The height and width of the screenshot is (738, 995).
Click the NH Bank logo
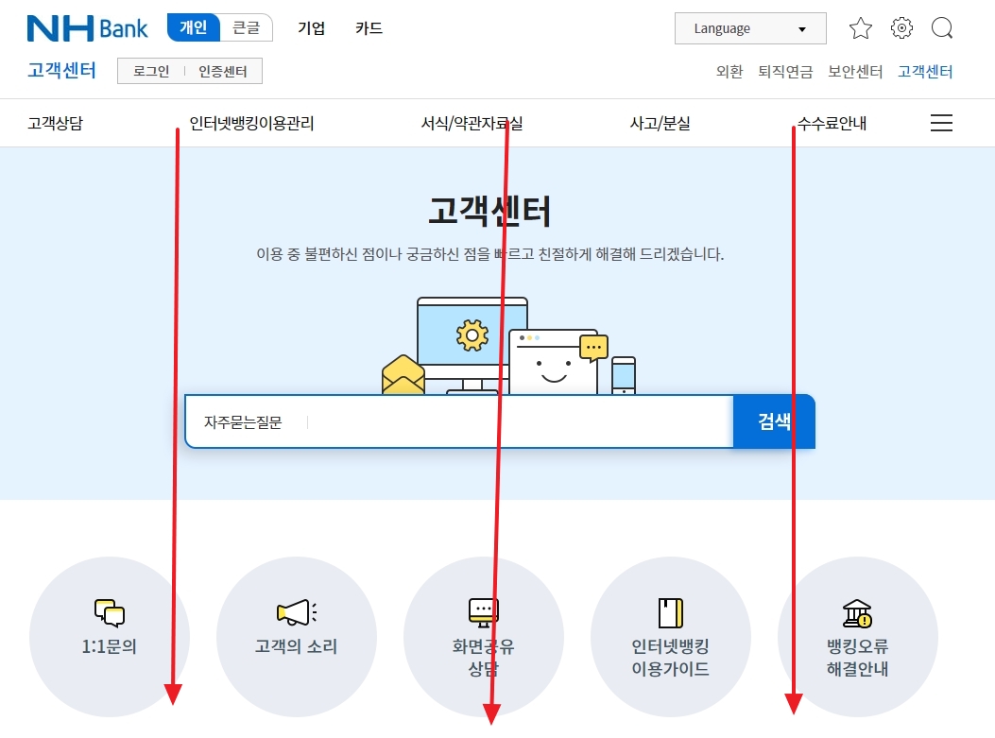(x=87, y=28)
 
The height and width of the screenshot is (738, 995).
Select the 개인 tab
(x=194, y=28)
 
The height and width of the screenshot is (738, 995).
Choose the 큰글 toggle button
(x=247, y=28)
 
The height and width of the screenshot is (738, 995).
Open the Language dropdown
(x=750, y=28)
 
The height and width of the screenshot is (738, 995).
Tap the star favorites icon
(x=861, y=28)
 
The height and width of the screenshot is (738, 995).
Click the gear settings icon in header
(x=902, y=28)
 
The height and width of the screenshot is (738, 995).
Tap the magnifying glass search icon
(x=942, y=28)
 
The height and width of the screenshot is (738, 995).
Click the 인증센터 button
(x=223, y=71)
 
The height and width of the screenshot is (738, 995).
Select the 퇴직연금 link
(x=785, y=71)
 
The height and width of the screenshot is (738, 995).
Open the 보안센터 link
(x=855, y=71)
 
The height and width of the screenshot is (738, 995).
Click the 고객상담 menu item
(x=55, y=123)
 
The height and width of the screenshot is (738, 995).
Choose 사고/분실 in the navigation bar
(x=660, y=123)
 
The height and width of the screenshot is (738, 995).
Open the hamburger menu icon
(x=941, y=123)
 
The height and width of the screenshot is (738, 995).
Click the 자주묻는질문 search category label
(x=243, y=422)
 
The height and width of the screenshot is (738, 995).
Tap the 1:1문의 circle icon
(x=110, y=613)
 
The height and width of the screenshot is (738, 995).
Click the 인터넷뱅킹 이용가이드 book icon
(x=670, y=613)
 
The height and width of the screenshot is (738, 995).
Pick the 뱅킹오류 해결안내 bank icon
(x=857, y=613)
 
